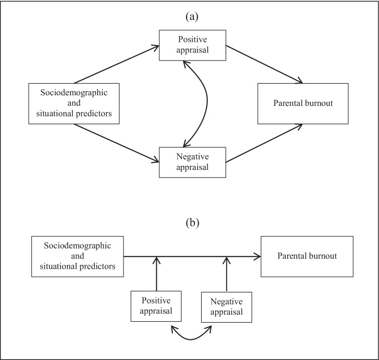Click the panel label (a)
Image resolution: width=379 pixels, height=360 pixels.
[x=192, y=16]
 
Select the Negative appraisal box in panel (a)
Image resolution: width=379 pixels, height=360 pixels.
[x=192, y=162]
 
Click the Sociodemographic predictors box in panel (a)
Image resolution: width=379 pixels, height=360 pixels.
[x=74, y=104]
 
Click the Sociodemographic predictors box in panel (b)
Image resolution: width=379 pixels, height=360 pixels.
[x=78, y=257]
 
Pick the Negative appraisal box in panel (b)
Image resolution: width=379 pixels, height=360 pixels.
[x=227, y=306]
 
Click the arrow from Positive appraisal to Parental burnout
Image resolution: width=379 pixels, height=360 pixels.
[x=265, y=64]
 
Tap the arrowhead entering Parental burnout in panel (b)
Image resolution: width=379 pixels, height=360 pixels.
[x=257, y=257]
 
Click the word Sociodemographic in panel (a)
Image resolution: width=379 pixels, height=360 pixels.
[x=74, y=94]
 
